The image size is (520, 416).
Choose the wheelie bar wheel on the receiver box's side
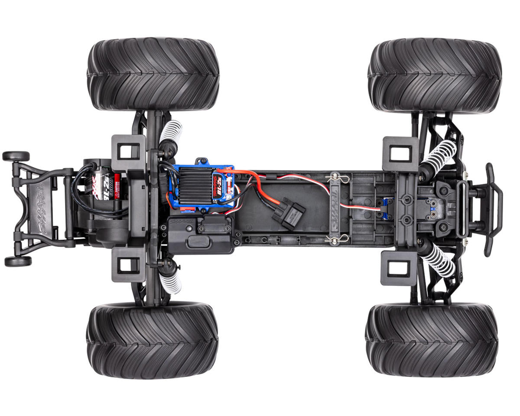tap(18, 261)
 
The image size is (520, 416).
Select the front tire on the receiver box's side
tap(432, 340)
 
